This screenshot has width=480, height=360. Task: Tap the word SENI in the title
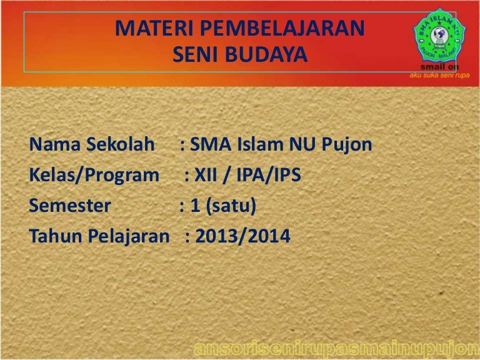pos(193,55)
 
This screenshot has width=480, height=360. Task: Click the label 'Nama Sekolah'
pos(91,146)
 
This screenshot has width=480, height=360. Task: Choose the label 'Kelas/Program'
pos(94,176)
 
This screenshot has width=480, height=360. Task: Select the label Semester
pos(70,206)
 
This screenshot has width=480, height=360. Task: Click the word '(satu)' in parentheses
pos(232,206)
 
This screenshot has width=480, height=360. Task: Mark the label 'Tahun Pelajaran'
pos(99,236)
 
